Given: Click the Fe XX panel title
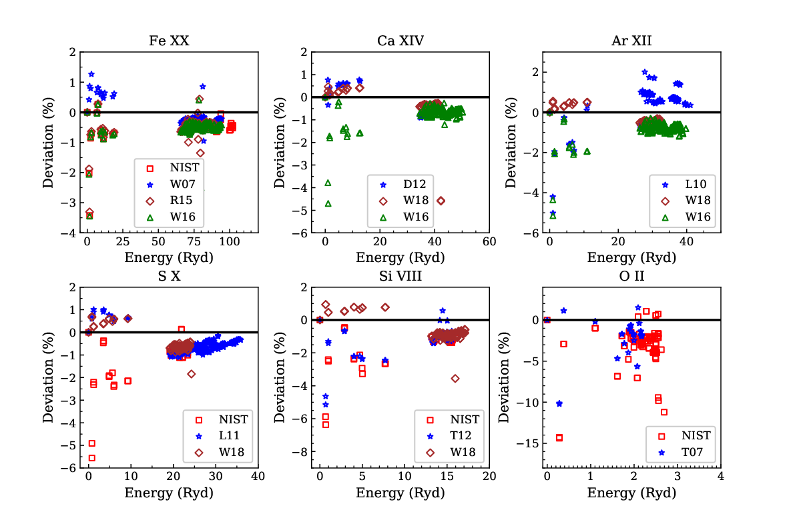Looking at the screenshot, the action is tap(169, 41).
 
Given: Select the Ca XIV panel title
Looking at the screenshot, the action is tap(400, 41).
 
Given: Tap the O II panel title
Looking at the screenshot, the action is tap(631, 276).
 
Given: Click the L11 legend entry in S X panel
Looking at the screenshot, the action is tap(219, 436).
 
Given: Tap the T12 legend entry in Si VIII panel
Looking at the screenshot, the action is tap(450, 436).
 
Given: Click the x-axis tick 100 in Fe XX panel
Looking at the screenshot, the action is tap(230, 242).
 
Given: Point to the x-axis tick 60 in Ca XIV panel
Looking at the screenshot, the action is tap(489, 242).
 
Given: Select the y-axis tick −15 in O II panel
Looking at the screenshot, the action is tap(527, 443).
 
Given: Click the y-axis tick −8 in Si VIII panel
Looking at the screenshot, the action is tap(300, 452).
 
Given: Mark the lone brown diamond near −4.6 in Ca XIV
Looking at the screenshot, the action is tap(441, 201).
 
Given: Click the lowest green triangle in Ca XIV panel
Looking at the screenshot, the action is tap(328, 203).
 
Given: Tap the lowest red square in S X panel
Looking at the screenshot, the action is tap(92, 458).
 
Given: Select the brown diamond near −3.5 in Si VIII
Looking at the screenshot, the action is tap(455, 379).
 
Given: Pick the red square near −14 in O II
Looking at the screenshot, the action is tap(559, 438).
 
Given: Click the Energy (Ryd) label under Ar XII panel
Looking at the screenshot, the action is tap(631, 257).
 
